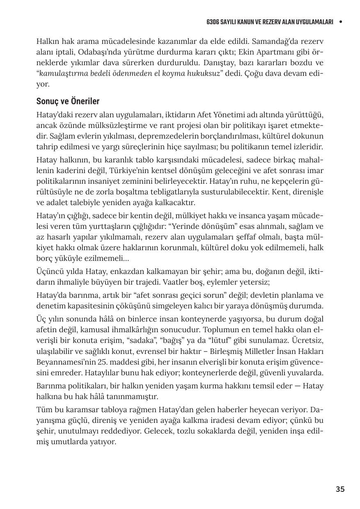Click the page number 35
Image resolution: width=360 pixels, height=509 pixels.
(340, 489)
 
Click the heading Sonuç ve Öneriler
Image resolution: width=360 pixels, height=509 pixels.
(68, 101)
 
